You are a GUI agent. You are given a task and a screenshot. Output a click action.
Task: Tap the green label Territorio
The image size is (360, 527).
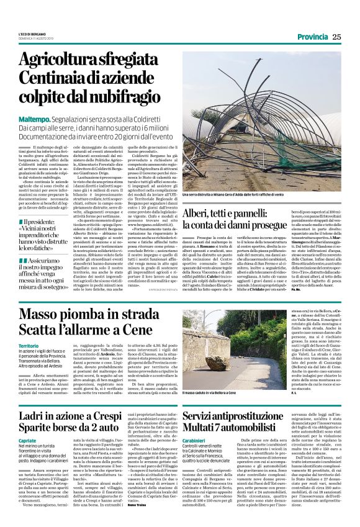[x=29, y=345]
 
